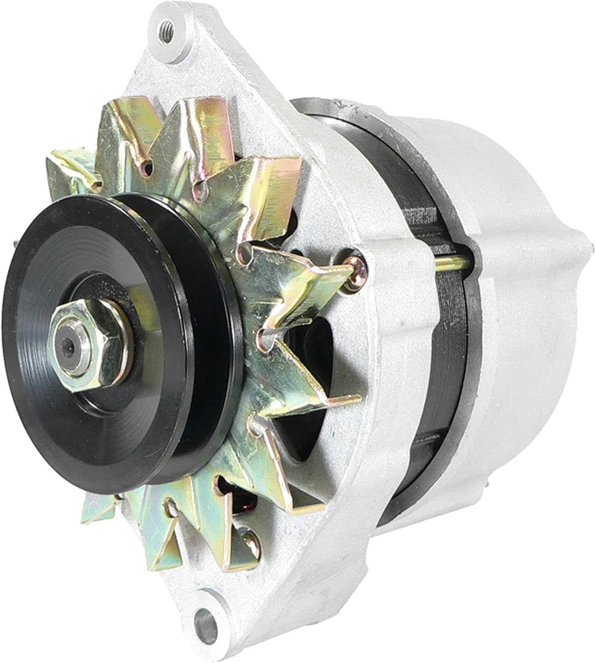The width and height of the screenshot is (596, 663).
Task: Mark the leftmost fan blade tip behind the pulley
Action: (58, 164)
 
